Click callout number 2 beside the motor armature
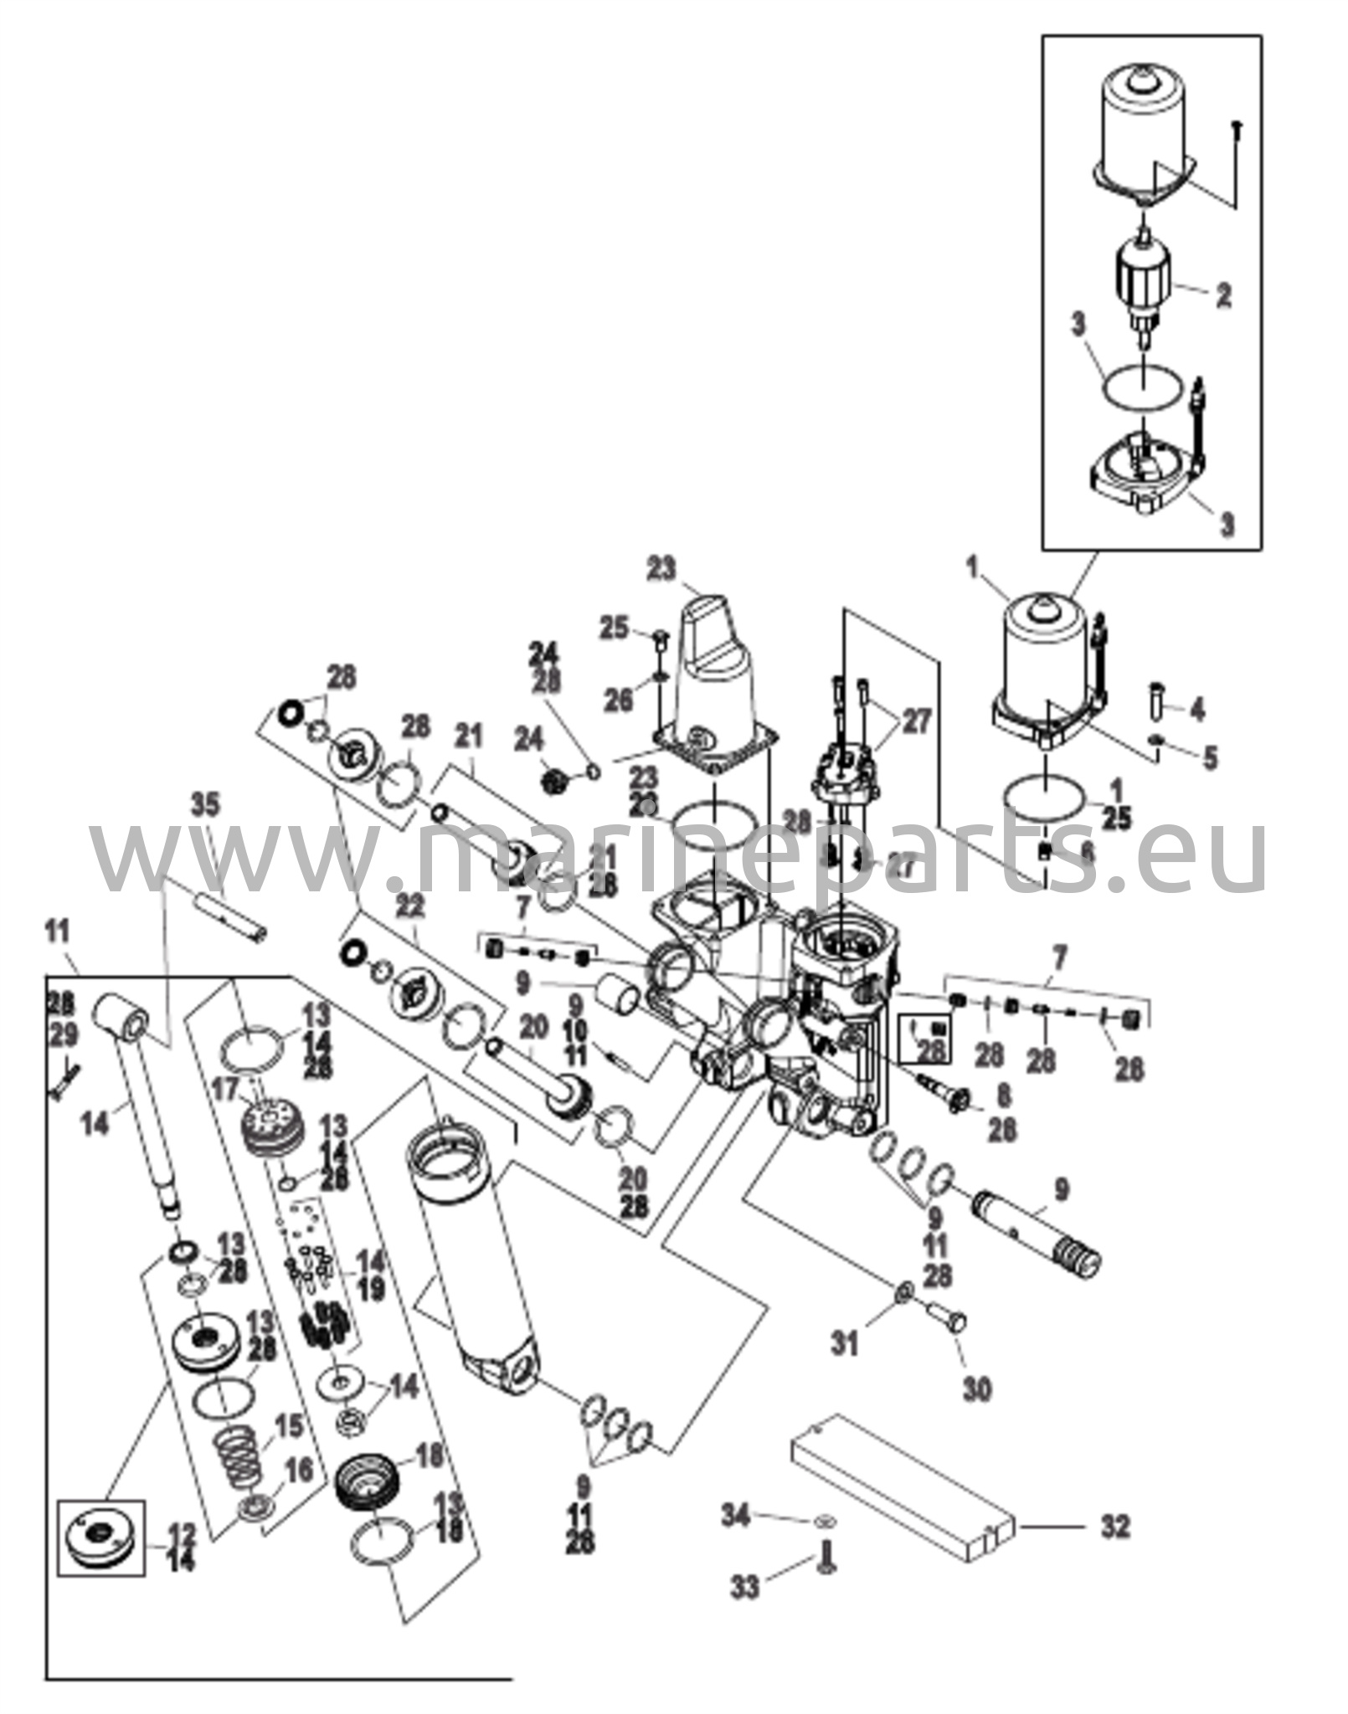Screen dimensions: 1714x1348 coord(1223,295)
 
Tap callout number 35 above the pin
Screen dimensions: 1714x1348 coord(206,806)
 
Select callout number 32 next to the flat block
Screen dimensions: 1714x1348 coord(1114,1526)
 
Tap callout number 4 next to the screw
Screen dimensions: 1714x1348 coord(1197,711)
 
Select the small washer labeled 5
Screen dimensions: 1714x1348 coord(1158,739)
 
